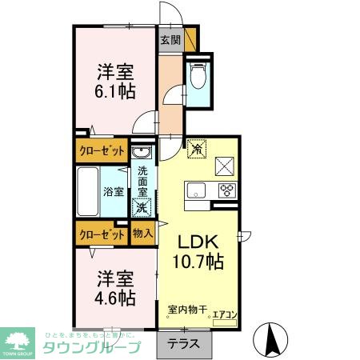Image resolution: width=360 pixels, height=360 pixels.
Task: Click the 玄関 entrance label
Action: [x=170, y=40]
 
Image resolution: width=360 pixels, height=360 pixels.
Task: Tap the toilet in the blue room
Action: [x=198, y=78]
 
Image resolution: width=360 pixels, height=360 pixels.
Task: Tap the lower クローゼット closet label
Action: [x=101, y=234]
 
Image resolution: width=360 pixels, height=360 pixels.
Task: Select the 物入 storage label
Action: [x=142, y=234]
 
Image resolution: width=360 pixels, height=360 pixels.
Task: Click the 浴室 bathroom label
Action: [x=114, y=192]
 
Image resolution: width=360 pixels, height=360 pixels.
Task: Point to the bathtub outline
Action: [x=87, y=192]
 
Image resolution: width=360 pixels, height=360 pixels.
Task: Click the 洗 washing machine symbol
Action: [x=142, y=207]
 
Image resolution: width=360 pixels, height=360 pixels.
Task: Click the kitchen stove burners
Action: [x=227, y=190]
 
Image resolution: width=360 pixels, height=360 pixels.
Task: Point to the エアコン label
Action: [x=224, y=314]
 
